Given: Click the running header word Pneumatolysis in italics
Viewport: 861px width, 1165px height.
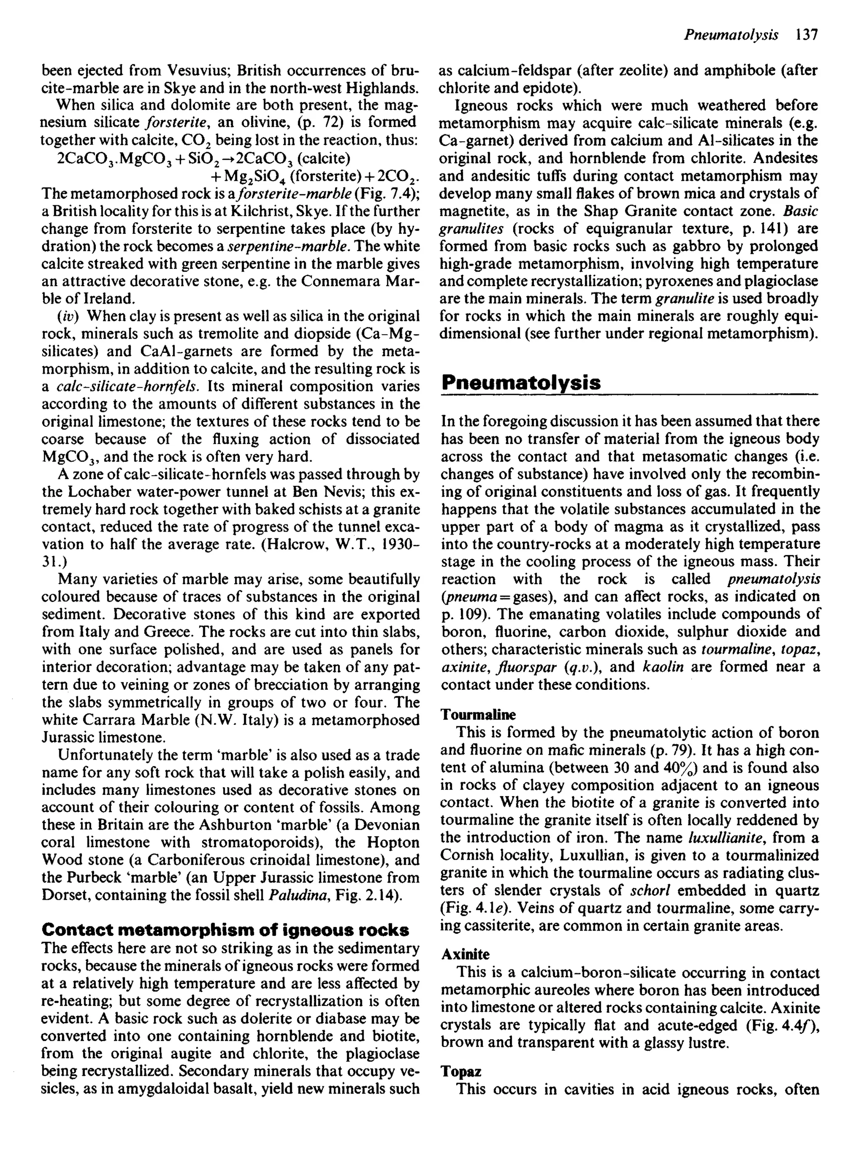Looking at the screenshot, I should coord(731,35).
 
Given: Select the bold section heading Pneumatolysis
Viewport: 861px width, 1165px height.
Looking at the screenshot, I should coord(520,383).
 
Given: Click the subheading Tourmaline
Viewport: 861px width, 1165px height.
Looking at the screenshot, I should coord(478,714).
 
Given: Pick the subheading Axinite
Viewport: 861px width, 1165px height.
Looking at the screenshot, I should coord(465,954).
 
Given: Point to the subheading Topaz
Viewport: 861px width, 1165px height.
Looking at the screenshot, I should coord(461,1072).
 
